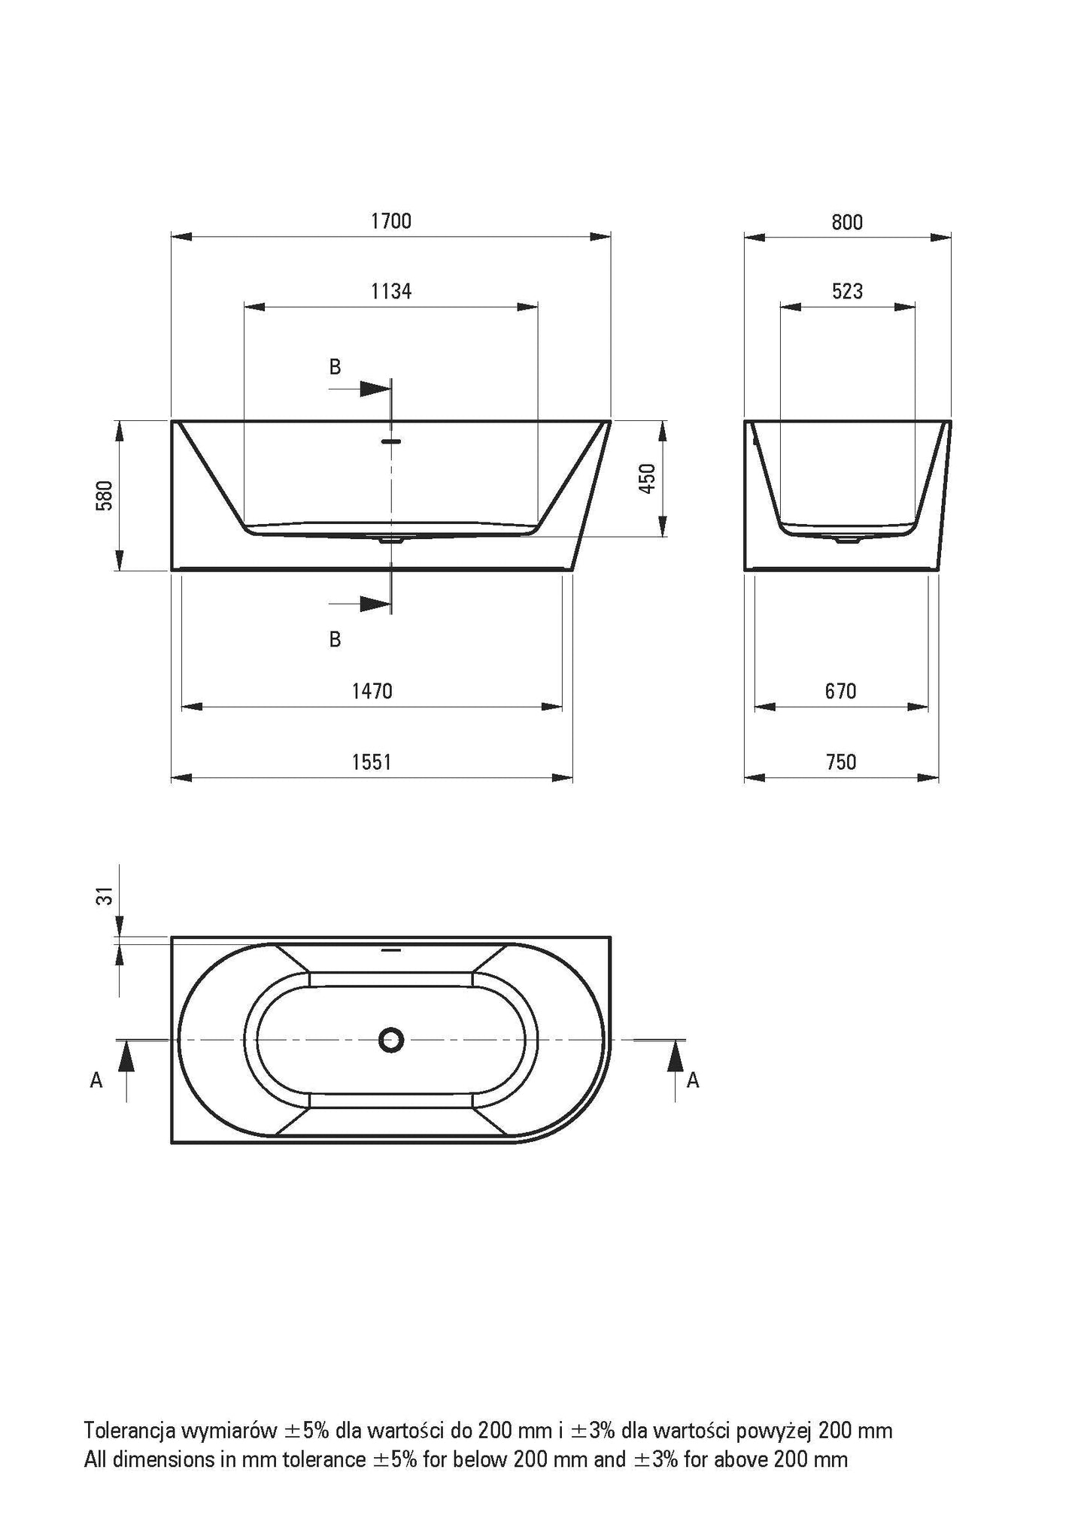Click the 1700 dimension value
(391, 221)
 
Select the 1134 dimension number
(391, 291)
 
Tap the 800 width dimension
(848, 223)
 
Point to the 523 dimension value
(848, 292)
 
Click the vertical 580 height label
(105, 495)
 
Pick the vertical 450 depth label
(647, 479)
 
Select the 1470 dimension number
(372, 691)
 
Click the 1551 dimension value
(372, 762)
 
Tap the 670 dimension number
(841, 691)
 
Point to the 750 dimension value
(841, 762)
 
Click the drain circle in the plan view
(391, 1040)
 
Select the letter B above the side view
(336, 367)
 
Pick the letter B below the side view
(336, 639)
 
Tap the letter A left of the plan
(96, 1080)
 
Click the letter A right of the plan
(694, 1080)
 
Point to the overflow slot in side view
(391, 441)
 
